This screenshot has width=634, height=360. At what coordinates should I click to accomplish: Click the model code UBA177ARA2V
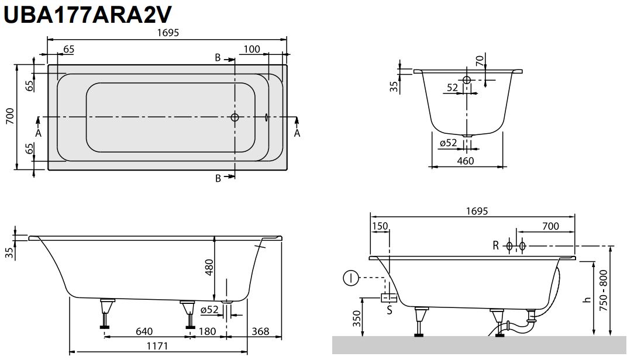point(87,14)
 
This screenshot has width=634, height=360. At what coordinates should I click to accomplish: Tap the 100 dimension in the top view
point(251,50)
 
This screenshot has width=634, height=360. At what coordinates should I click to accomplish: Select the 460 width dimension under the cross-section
point(465,160)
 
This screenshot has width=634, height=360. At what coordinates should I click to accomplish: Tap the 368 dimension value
point(260,331)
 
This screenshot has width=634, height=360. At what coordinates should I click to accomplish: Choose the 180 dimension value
point(207,331)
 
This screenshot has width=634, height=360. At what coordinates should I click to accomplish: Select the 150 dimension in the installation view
point(380,227)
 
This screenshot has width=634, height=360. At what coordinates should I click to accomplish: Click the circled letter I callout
point(350,278)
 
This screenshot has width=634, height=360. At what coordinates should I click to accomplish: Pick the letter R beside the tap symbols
point(495,246)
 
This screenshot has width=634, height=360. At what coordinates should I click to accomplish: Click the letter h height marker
point(586,300)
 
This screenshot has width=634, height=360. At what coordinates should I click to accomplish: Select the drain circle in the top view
point(235,117)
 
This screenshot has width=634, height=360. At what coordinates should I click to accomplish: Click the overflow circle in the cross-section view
point(467,80)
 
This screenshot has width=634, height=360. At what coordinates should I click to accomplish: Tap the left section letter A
point(39,133)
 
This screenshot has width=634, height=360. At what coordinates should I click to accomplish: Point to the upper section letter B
point(218,57)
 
